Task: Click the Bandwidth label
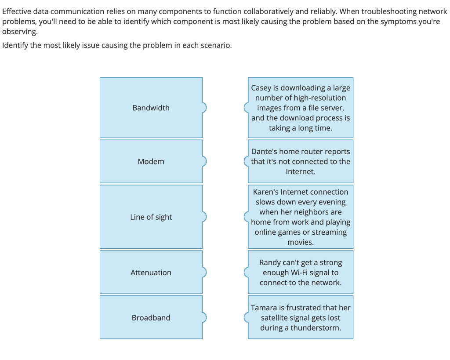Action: click(151, 108)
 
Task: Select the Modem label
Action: click(151, 161)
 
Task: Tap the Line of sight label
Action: click(151, 217)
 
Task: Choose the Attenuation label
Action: click(151, 273)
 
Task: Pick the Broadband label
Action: click(151, 317)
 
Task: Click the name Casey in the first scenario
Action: click(261, 87)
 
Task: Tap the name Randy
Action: click(269, 262)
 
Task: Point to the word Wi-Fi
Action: click(295, 273)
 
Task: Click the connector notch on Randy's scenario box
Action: click(246, 273)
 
